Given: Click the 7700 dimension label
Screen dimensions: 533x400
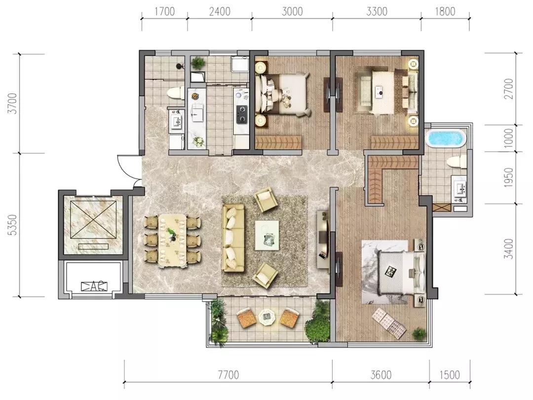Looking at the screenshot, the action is pos(228,375).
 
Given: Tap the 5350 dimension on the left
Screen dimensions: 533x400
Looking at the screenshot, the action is pos(12,225).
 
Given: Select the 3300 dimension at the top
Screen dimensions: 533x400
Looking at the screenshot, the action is pos(377,11).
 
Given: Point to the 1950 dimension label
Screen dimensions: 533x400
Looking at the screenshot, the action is pos(508,177).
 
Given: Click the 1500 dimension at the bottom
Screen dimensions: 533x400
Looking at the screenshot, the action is pos(450,375).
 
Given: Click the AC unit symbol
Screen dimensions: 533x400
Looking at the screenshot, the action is pos(94,286).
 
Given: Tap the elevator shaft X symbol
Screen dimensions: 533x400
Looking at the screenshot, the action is pos(93,220).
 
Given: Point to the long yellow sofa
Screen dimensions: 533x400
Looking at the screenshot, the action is pos(233,238).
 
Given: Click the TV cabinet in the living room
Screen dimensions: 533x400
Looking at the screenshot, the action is pos(323,238).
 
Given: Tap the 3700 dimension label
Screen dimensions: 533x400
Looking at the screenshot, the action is pos(12,103).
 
